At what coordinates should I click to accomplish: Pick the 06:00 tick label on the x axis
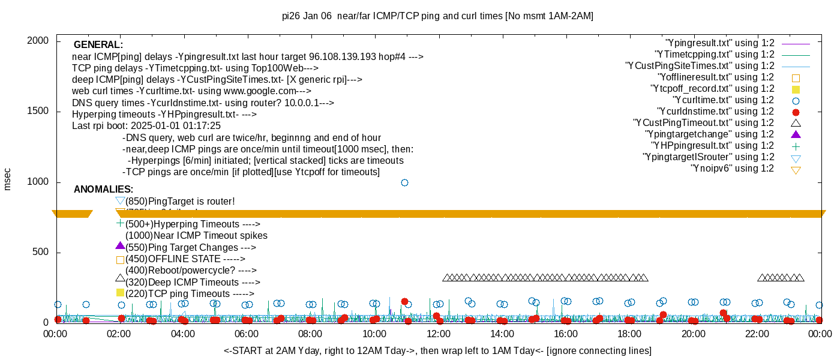click(x=247, y=333)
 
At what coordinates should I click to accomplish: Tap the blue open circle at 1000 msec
click(x=404, y=182)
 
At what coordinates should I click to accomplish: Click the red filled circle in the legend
click(x=796, y=112)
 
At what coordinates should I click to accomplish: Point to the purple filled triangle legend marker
click(x=796, y=134)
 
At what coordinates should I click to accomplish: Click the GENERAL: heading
click(x=98, y=45)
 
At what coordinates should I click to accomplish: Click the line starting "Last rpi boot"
click(x=146, y=126)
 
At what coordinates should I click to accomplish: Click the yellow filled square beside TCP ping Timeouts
click(x=120, y=293)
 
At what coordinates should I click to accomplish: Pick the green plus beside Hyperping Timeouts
click(x=120, y=223)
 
